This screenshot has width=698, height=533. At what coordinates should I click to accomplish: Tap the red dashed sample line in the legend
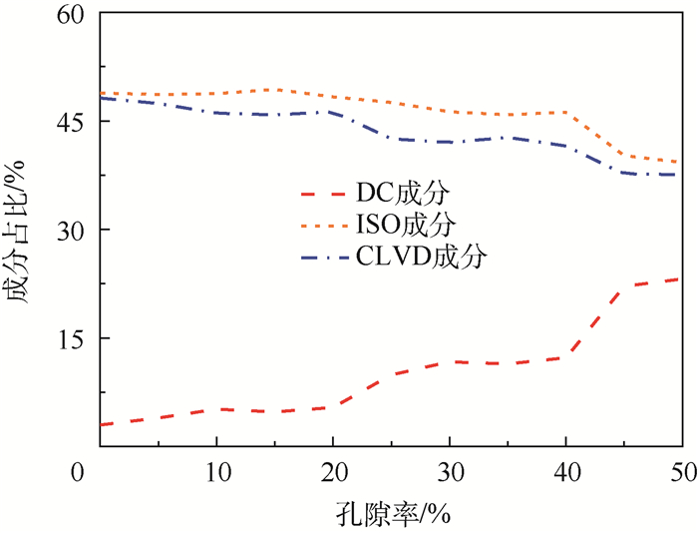[x=330, y=190]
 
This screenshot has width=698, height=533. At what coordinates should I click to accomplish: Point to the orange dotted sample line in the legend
[x=330, y=223]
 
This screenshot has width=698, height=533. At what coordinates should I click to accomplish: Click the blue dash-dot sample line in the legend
[x=330, y=256]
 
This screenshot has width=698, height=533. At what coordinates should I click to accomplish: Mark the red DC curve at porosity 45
[x=623, y=286]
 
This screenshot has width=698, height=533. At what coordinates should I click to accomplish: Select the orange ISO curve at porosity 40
[x=565, y=113]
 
